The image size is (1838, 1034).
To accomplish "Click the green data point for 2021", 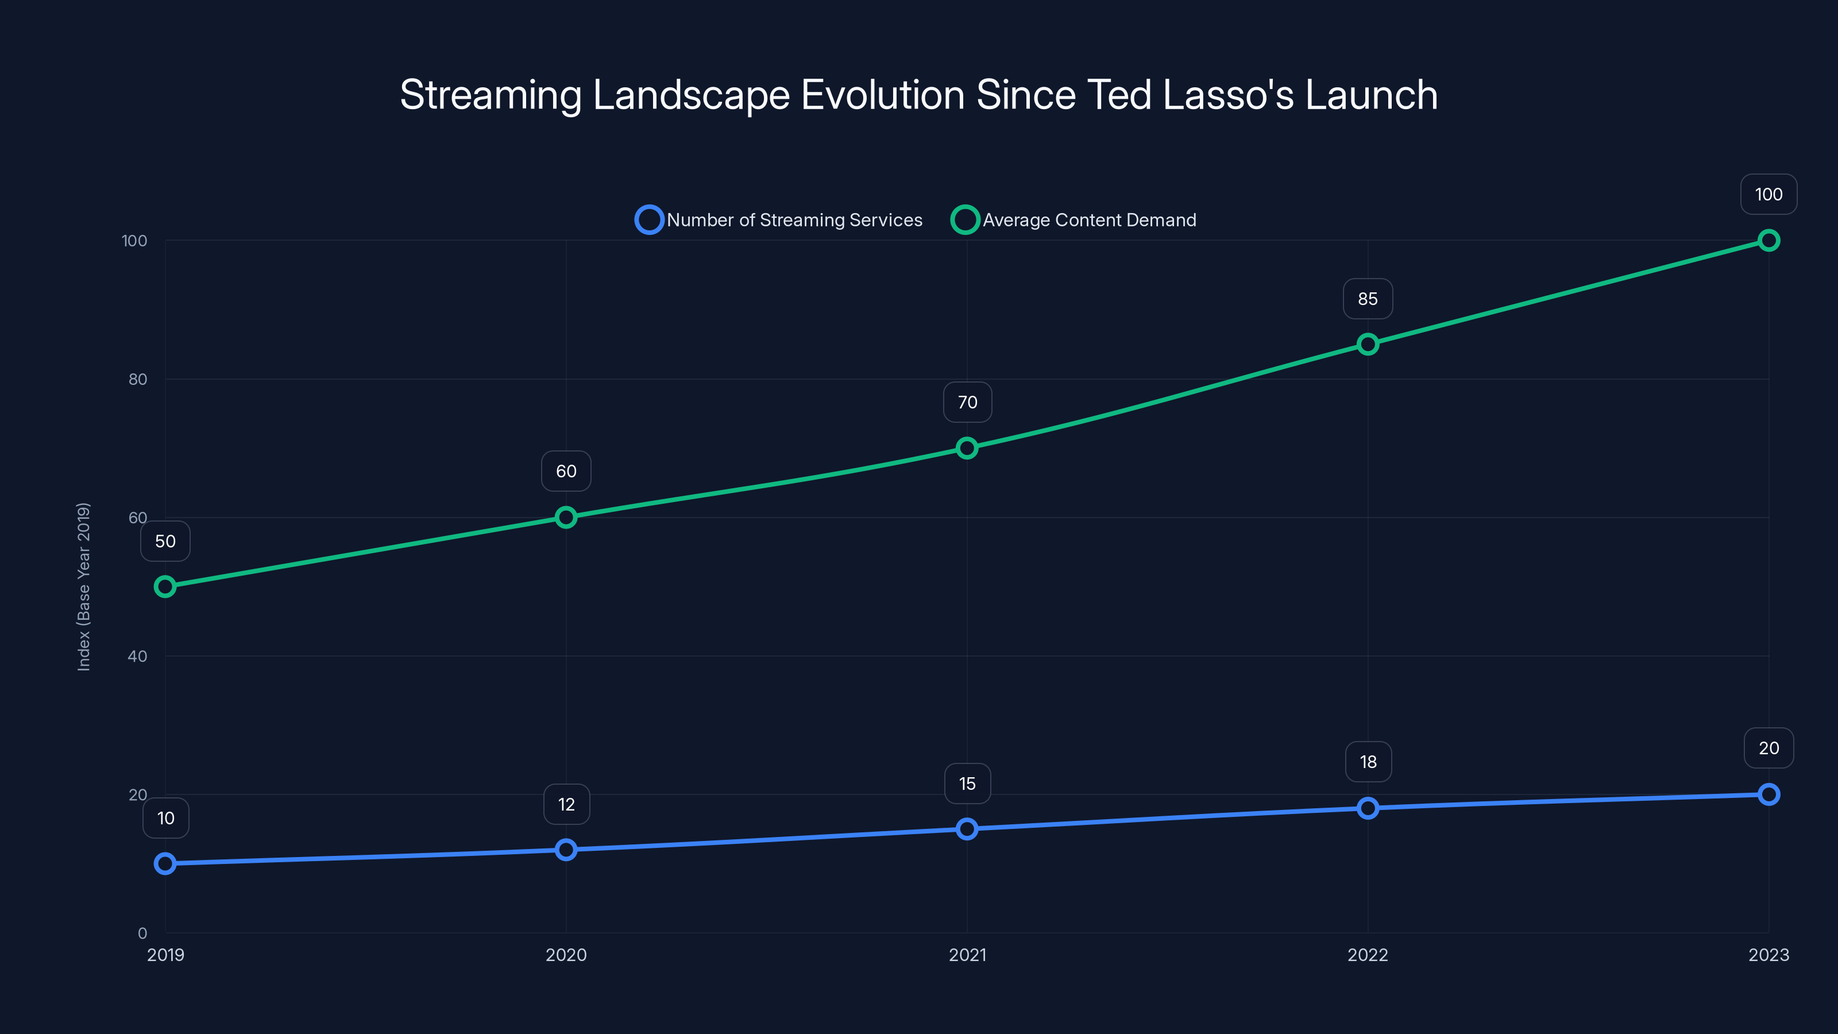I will tap(967, 448).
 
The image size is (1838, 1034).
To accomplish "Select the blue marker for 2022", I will tap(1368, 808).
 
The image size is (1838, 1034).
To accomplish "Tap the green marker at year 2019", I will tap(165, 587).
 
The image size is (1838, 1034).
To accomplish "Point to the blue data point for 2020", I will tap(566, 849).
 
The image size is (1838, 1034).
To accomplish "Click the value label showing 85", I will tap(1367, 299).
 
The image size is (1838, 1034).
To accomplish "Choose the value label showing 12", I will tap(566, 804).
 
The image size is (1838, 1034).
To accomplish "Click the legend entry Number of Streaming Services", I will tap(780, 220).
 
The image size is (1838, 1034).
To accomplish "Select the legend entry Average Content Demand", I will tap(1075, 220).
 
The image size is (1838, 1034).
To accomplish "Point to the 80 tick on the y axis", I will tap(137, 379).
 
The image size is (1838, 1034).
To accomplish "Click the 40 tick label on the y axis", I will tap(137, 656).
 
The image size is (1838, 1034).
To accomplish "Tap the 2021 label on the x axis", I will tap(967, 955).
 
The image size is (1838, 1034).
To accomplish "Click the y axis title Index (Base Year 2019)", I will tap(83, 587).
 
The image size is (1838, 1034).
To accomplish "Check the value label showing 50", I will tap(165, 541).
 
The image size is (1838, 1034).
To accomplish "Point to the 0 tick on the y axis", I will tap(142, 933).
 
